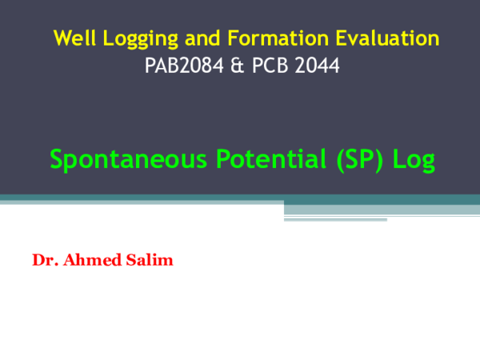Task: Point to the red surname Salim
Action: pos(150,261)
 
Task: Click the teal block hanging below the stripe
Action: pos(335,213)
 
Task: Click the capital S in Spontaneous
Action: pos(57,159)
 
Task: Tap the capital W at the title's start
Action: pos(62,38)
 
